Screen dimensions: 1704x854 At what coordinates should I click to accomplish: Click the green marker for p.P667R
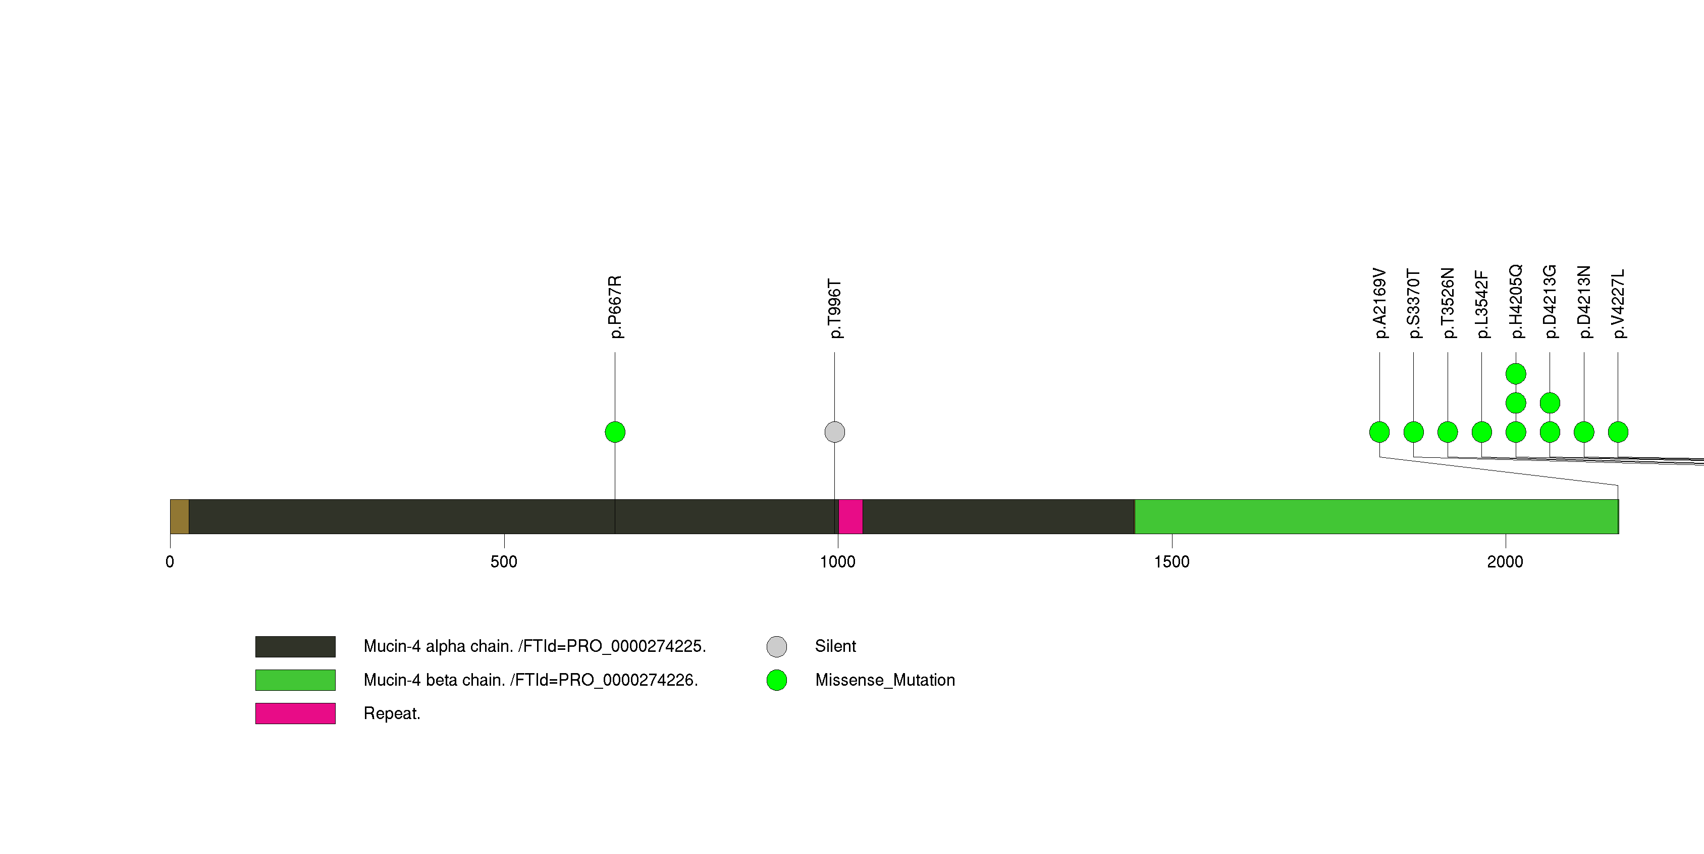pyautogui.click(x=615, y=432)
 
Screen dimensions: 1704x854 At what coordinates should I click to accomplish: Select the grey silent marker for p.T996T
pyautogui.click(x=835, y=432)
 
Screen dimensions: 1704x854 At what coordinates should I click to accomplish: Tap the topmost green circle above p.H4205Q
pyautogui.click(x=1515, y=374)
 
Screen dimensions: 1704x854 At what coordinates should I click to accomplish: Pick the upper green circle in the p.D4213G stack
pyautogui.click(x=1550, y=403)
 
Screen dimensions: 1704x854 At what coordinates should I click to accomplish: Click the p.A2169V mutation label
pyautogui.click(x=1379, y=303)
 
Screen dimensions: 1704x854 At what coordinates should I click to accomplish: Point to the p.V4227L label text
pyautogui.click(x=1618, y=304)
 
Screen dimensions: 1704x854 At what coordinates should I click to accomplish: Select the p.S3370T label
pyautogui.click(x=1414, y=304)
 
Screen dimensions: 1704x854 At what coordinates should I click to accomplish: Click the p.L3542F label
pyautogui.click(x=1482, y=305)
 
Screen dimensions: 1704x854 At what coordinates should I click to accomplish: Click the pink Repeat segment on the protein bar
pyautogui.click(x=850, y=516)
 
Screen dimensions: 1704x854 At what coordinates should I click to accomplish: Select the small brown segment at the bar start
pyautogui.click(x=179, y=516)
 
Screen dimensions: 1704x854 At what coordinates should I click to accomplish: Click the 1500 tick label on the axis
pyautogui.click(x=1171, y=562)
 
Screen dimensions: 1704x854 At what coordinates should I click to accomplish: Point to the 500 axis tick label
pyautogui.click(x=504, y=562)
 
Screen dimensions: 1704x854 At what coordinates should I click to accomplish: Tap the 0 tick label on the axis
pyautogui.click(x=170, y=562)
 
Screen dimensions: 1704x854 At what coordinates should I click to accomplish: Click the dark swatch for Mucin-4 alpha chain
pyautogui.click(x=295, y=647)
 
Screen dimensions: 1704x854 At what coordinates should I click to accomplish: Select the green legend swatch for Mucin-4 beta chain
pyautogui.click(x=295, y=680)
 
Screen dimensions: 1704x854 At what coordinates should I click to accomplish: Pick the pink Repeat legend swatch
pyautogui.click(x=295, y=714)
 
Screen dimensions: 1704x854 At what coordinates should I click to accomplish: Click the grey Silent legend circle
pyautogui.click(x=777, y=647)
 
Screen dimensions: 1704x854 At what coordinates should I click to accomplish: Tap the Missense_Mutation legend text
pyautogui.click(x=885, y=680)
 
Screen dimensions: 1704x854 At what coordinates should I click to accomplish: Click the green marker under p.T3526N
pyautogui.click(x=1448, y=432)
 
